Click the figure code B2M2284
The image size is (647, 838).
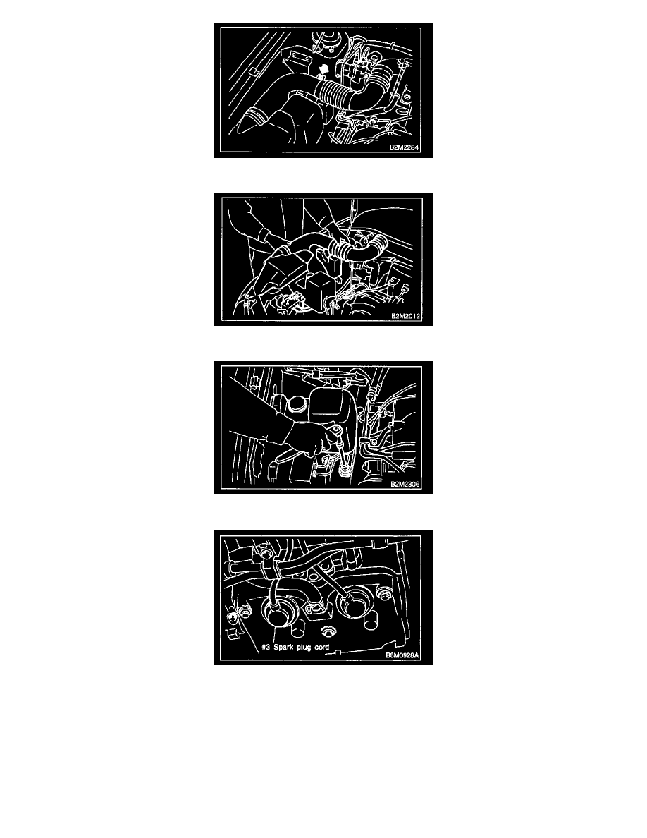[404, 147]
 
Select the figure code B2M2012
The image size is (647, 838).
[406, 317]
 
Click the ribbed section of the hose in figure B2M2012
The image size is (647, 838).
[341, 248]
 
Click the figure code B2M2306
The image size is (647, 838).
[405, 485]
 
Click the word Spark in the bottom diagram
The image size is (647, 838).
[283, 648]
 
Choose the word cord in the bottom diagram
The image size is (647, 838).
[321, 648]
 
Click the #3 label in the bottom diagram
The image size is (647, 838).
[266, 648]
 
